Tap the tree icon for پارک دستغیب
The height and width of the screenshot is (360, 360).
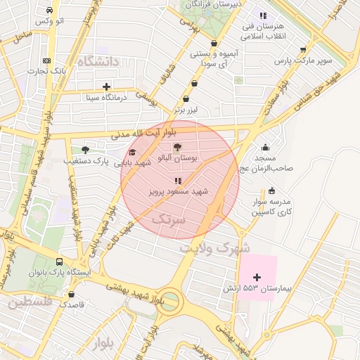86,150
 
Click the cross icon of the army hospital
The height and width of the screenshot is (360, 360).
257,277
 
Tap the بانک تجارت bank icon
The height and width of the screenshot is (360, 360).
46,60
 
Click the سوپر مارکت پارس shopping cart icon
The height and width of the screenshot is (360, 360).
303,50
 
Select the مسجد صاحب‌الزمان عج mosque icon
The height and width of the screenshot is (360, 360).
265,148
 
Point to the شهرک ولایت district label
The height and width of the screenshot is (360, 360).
214,248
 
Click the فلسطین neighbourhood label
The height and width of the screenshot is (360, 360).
31,304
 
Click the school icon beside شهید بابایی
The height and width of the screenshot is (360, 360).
132,153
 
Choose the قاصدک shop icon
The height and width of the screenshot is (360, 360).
72,295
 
